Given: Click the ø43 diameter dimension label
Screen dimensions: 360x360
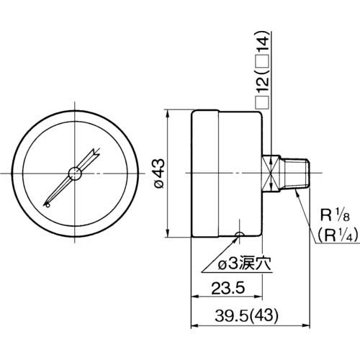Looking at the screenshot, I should (160, 174).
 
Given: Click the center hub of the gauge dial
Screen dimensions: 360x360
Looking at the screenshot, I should (74, 173).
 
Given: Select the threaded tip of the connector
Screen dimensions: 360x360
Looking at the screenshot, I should (299, 173).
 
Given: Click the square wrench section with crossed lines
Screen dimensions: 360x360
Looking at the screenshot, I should (271, 173).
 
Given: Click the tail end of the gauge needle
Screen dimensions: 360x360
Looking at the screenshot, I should (48, 204).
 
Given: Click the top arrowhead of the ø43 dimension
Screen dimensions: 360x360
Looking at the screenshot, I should (167, 114).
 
